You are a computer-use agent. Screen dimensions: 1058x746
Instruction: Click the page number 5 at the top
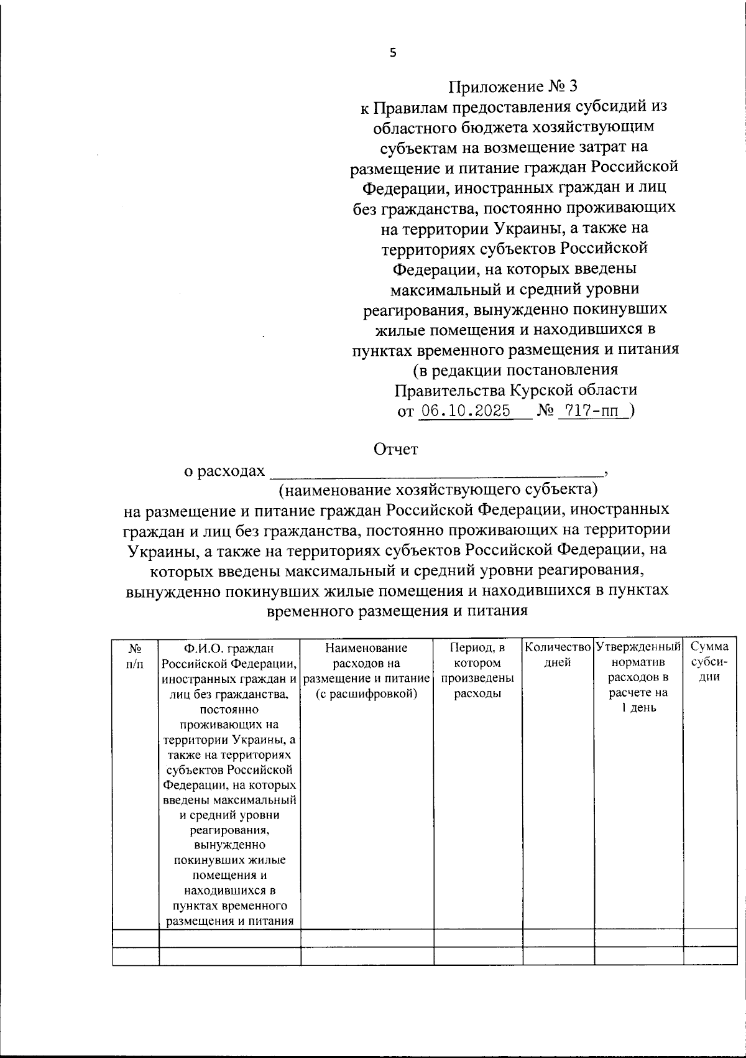(x=392, y=53)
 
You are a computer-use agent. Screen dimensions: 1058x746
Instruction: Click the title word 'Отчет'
(x=395, y=449)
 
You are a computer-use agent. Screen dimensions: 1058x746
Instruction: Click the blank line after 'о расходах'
(x=435, y=471)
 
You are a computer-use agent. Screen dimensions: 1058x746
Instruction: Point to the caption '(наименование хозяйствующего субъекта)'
(x=438, y=490)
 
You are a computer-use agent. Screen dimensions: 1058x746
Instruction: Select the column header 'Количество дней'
(x=558, y=655)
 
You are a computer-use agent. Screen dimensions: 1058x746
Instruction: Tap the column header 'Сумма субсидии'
(x=709, y=662)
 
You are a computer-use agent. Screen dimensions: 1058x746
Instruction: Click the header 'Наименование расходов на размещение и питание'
(x=366, y=663)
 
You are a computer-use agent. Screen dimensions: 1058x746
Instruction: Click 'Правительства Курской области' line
(x=515, y=391)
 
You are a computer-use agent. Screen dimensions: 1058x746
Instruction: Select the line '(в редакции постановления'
(x=515, y=370)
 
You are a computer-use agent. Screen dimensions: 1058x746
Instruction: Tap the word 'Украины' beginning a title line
(x=155, y=550)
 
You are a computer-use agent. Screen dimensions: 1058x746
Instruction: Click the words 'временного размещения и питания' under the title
(x=397, y=611)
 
